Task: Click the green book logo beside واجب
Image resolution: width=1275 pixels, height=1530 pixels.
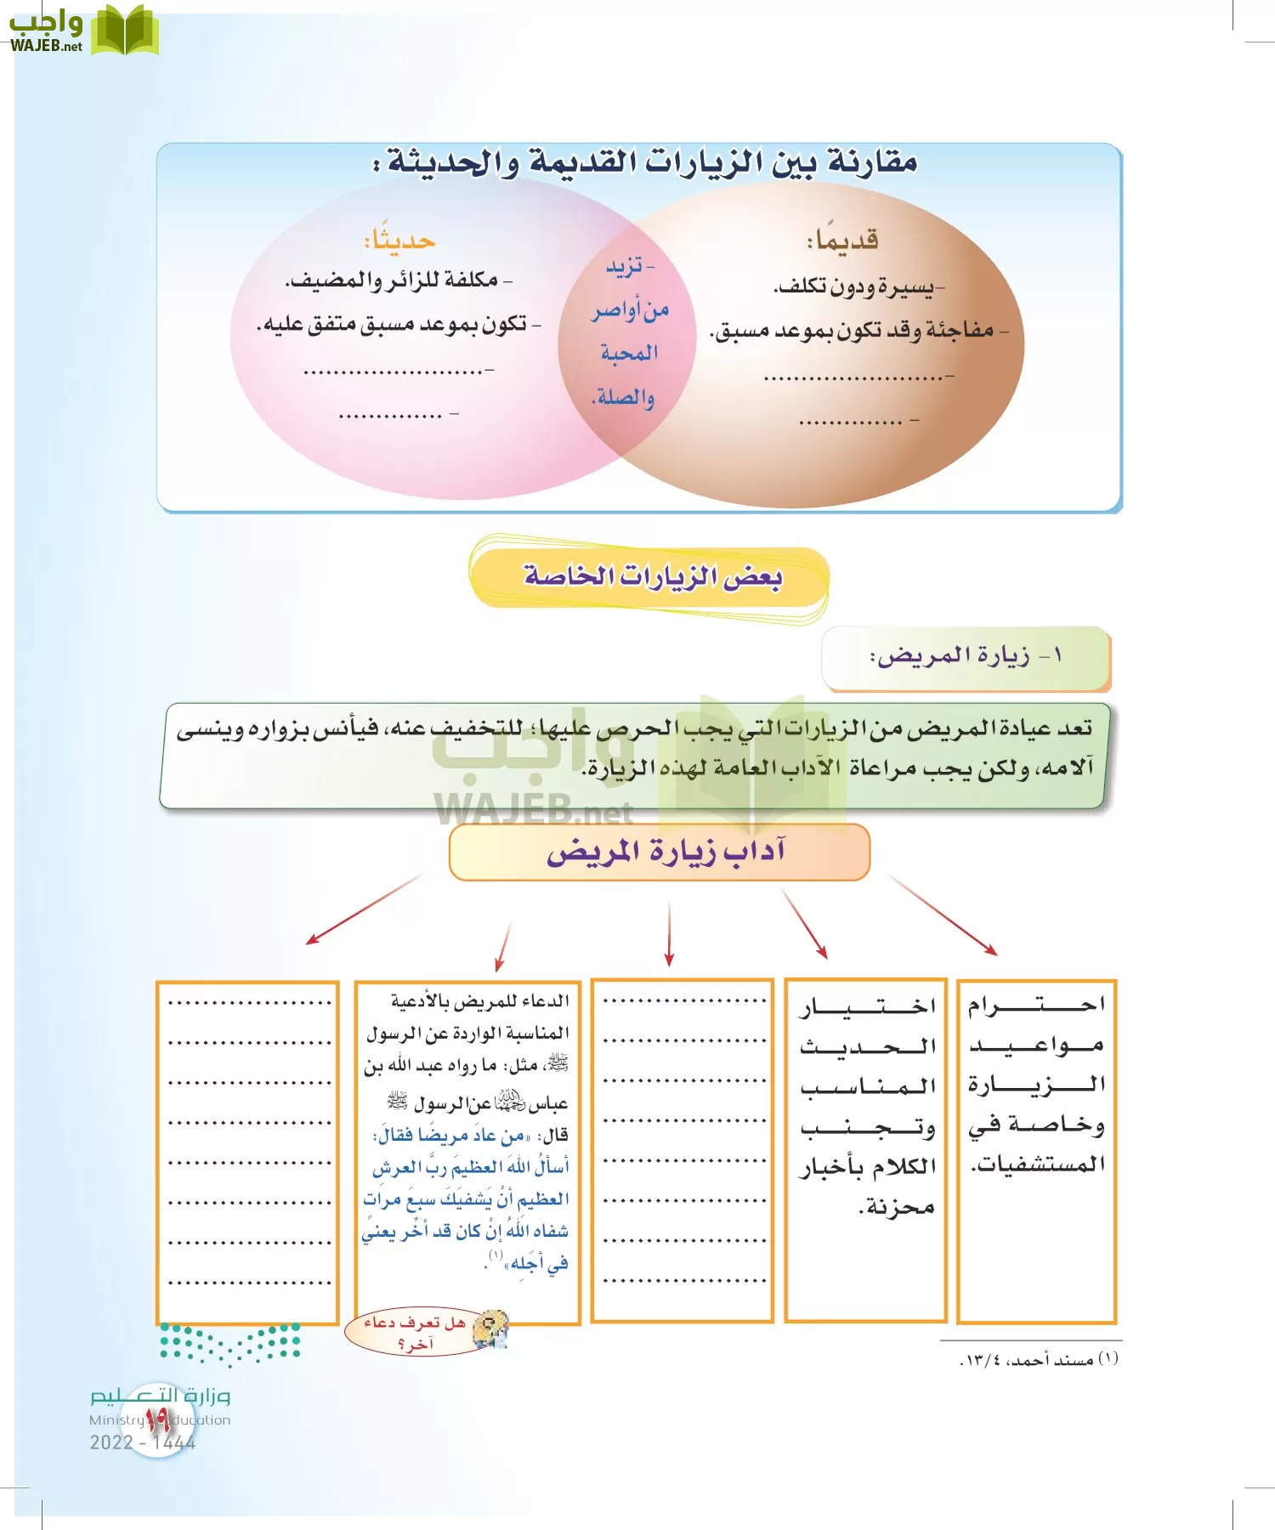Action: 124,31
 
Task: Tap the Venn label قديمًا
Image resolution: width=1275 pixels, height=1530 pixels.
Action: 842,241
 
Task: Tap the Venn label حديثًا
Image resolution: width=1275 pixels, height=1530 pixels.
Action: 399,241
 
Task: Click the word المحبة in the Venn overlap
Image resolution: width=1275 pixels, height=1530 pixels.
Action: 629,353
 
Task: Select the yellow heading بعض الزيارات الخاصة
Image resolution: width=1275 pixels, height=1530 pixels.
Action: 650,577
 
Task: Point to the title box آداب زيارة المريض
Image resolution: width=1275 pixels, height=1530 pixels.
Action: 660,852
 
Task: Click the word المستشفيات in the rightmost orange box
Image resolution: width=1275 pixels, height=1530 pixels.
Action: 1039,1164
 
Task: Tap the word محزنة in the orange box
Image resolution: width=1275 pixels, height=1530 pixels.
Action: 897,1206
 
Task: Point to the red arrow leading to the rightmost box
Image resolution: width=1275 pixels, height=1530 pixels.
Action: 943,915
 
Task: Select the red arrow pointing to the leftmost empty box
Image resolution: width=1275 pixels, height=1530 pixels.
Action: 364,909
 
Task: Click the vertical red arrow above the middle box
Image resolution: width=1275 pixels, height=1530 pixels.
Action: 670,933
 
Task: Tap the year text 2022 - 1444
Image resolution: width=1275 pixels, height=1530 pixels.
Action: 143,1442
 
